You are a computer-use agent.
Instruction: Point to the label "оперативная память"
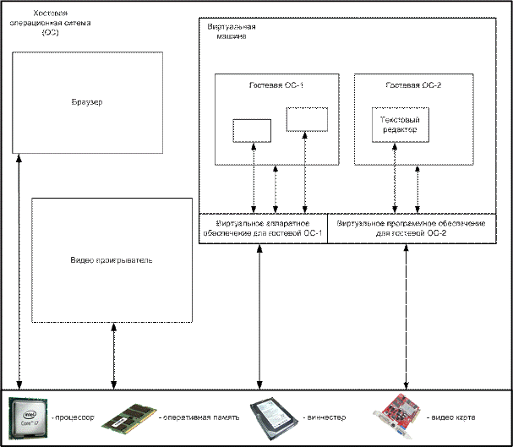pyautogui.click(x=199, y=418)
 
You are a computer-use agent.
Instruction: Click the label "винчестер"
pyautogui.click(x=323, y=418)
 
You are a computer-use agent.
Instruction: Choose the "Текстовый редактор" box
pyautogui.click(x=396, y=124)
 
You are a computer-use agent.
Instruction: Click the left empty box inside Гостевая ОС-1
pyautogui.click(x=252, y=131)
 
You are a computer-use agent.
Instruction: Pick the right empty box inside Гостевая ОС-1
pyautogui.click(x=306, y=119)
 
